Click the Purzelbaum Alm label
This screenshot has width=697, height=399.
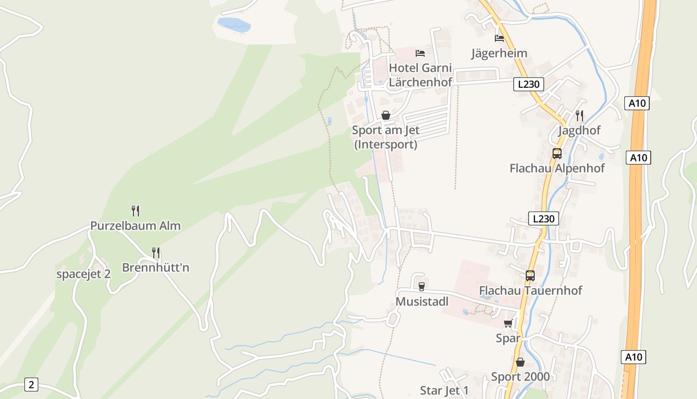pos(135,225)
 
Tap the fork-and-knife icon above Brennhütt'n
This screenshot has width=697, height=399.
pos(156,253)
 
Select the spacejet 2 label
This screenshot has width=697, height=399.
pos(83,274)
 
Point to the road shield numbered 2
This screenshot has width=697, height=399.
pos(31,385)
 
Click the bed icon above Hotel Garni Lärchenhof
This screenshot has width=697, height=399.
pos(420,53)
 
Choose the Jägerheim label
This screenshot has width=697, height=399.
pos(499,53)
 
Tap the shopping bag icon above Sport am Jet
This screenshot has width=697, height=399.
pos(385,116)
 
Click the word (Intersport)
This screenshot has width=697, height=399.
pos(385,145)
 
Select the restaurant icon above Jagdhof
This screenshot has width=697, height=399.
pos(579,116)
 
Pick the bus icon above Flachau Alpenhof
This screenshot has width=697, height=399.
pos(557,154)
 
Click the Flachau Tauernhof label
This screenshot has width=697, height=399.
pos(530,290)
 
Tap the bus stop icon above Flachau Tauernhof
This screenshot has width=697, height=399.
pos(530,275)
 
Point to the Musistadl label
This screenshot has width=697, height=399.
pos(422,302)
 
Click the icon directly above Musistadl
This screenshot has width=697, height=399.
pos(422,286)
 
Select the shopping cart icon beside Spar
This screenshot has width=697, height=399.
pos(508,324)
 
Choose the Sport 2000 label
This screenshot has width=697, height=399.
pos(520,377)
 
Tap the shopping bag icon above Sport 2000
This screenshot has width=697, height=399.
pos(520,362)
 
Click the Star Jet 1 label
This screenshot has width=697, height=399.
pos(444,390)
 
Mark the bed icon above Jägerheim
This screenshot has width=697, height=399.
pos(499,38)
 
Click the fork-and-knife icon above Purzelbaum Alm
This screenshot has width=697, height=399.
pos(135,210)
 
